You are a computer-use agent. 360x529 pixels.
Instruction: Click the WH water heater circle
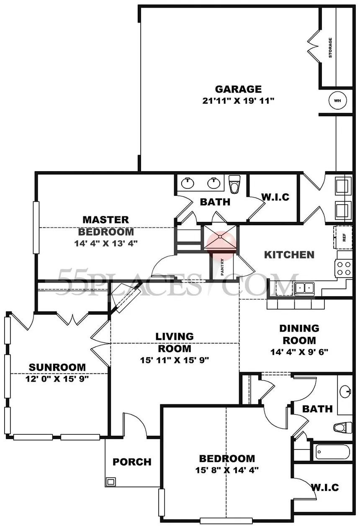337,100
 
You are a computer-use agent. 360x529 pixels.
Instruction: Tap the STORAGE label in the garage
330,48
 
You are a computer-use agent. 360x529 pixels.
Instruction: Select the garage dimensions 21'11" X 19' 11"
238,101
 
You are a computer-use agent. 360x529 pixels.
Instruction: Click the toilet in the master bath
234,184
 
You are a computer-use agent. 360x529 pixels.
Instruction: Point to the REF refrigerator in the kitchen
343,237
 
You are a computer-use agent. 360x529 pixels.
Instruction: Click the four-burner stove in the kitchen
344,268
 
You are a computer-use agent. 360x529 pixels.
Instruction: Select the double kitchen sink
304,289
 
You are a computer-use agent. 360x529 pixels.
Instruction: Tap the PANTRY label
222,267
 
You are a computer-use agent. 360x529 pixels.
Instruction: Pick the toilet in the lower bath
343,428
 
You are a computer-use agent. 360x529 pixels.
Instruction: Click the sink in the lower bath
345,392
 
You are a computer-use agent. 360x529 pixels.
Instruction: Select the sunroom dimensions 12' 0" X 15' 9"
57,379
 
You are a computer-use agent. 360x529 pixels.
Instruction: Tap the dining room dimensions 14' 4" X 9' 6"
299,352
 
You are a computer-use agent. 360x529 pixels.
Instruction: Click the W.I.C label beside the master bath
275,197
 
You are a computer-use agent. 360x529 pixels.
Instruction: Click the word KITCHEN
289,254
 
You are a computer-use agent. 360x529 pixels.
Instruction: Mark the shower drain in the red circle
220,236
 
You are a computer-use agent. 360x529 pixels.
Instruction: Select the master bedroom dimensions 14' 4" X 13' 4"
106,243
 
